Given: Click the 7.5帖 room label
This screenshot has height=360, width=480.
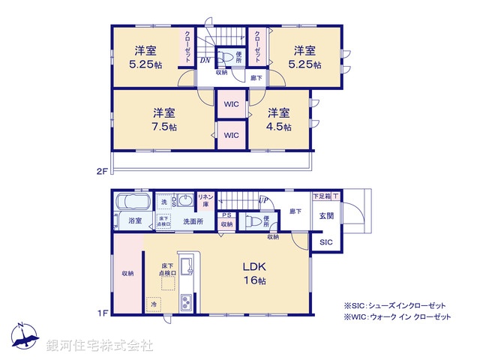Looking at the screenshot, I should click(164, 120).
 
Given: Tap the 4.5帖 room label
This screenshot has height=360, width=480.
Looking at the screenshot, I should click(279, 120).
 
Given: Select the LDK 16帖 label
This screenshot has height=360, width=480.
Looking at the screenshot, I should click(254, 274).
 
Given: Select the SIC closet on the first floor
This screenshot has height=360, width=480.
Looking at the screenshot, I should click(326, 243).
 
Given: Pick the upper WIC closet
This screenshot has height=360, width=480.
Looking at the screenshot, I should click(231, 104).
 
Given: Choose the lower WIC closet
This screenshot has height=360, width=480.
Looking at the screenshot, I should click(231, 136).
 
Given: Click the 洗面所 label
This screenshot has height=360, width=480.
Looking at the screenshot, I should click(193, 221).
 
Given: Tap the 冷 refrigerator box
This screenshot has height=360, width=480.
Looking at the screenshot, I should click(154, 304).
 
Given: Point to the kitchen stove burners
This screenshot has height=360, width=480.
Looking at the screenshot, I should click(186, 301).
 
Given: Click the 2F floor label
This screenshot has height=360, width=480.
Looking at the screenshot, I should click(102, 171).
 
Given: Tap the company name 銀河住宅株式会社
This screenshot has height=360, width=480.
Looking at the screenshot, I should click(99, 346).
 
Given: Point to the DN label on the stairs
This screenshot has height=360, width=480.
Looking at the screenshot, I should click(205, 61).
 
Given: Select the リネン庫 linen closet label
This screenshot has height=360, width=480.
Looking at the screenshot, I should click(204, 199).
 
